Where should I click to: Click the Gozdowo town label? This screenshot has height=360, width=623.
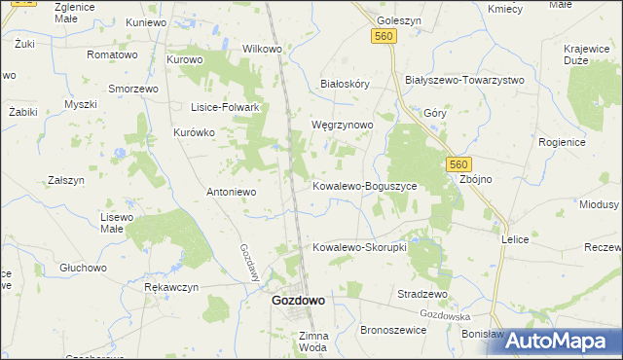click(x=298, y=302)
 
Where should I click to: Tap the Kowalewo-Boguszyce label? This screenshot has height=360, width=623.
click(x=364, y=185)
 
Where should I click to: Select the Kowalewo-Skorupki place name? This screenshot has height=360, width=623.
click(x=359, y=247)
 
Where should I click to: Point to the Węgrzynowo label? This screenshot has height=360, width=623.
click(x=341, y=126)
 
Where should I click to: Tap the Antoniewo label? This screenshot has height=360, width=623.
click(x=231, y=192)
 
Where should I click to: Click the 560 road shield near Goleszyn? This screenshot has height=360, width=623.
click(x=384, y=36)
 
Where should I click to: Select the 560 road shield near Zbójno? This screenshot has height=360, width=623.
click(x=459, y=165)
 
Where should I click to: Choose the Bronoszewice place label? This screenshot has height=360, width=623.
click(x=394, y=331)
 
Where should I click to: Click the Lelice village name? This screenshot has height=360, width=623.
click(x=514, y=238)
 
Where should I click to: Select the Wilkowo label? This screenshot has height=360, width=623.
click(x=261, y=49)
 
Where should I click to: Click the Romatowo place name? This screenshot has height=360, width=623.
click(x=111, y=55)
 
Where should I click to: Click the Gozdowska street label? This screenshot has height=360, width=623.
click(x=446, y=315)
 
